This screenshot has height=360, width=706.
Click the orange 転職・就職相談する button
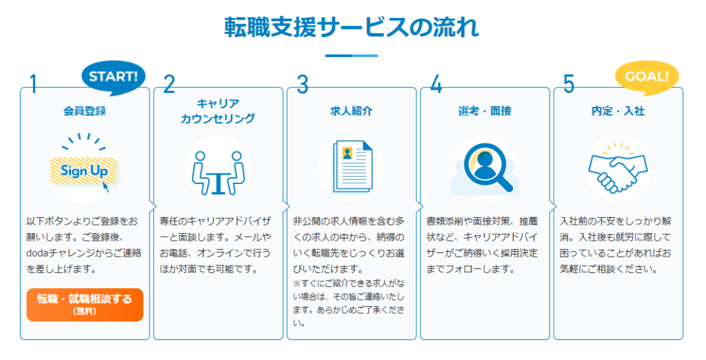pos(85,305)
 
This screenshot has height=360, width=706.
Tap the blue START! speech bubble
pos(114,77)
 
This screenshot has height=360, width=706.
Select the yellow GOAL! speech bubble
pos(647,77)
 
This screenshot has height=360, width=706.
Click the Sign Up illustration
pos(85,168)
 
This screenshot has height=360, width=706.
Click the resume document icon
pos(352,167)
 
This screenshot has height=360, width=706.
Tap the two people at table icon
pos(218,173)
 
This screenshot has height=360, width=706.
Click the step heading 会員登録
pos(85,111)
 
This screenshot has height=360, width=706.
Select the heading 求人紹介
pos(352,111)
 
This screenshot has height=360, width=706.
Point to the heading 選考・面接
pos(485,111)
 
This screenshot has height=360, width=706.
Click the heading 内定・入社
pos(618,111)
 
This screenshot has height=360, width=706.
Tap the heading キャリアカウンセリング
pos(218,111)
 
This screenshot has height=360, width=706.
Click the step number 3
pos(303,84)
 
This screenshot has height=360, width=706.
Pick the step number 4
pos(436,84)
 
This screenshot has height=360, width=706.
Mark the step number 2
pos(170,84)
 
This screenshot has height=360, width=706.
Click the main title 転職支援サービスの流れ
pos(352,28)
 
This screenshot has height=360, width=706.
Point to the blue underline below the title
pos(352,56)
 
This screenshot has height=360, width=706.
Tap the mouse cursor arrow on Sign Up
pos(105,186)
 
